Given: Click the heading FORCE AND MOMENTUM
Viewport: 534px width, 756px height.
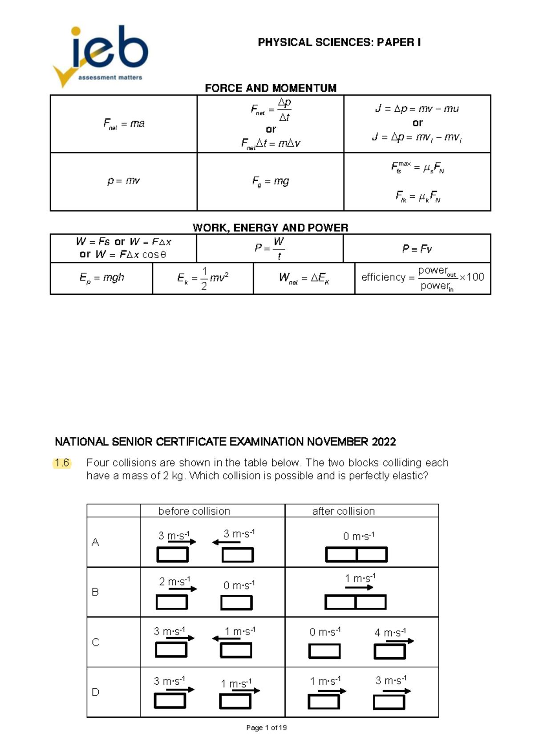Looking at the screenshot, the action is point(271,88).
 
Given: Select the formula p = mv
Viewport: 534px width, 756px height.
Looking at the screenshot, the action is point(124,181).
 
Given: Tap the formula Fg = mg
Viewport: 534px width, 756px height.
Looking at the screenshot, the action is point(271,181).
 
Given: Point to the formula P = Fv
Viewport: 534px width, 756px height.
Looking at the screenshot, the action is point(417,249).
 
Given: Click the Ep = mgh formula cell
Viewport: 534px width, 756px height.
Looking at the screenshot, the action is point(101,278).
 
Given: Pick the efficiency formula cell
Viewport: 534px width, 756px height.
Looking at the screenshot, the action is point(422,278).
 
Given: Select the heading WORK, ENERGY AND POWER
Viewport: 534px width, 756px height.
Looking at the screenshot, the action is point(271,228).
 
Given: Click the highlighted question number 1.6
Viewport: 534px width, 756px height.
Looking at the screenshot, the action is point(62,463).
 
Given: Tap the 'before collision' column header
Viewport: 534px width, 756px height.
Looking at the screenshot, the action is point(194,511).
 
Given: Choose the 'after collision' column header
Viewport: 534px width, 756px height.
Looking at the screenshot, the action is point(344,511).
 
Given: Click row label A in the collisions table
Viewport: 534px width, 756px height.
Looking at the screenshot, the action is point(95,542).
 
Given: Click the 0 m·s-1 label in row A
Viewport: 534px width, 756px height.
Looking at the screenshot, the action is point(359,537).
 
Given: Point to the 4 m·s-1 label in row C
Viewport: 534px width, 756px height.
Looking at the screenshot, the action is point(390,633).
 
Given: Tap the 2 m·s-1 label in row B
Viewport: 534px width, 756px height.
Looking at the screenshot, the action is point(174,581).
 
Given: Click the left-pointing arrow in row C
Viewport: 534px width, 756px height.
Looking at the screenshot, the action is point(227,638).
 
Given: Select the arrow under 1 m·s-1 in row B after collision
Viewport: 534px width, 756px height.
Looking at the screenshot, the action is point(359,588).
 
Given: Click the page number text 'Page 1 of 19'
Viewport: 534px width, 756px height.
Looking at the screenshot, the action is point(267,728).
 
